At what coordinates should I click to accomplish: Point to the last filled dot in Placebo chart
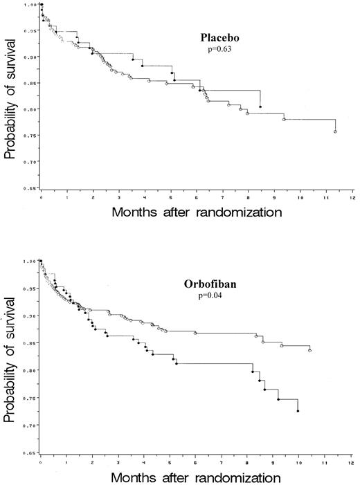(x=260, y=107)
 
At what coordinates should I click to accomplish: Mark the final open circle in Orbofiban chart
(x=309, y=351)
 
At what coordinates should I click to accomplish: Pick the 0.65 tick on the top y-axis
(x=30, y=187)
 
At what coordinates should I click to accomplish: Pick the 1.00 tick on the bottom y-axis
(x=30, y=262)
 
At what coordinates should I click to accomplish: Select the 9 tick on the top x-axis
(x=274, y=197)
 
